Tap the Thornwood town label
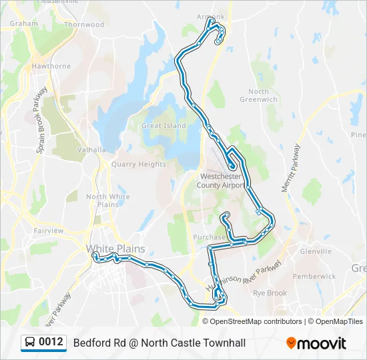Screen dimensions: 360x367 pos(84,25)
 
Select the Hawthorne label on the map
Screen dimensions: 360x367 pos(51,66)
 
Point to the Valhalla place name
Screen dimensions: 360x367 pos(91,150)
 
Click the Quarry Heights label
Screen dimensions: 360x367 pos(138,164)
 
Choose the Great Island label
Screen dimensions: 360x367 pos(163,125)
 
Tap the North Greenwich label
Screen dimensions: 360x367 pos(259,95)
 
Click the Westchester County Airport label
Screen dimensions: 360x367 pos(222,181)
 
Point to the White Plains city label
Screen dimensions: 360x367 pos(115,249)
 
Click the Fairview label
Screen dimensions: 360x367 pos(49,231)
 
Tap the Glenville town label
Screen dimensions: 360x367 pos(316,251)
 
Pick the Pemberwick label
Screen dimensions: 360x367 pos(314,276)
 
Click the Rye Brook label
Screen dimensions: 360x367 pos(270,293)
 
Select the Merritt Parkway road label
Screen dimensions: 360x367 pos(290,169)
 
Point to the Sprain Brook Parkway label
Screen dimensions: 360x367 pos(42,120)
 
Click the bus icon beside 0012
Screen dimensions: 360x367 pos(30,343)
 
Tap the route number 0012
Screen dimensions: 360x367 pos(51,343)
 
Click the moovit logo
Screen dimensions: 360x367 pos(316,343)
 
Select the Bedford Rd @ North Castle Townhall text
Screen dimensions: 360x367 pos(159,343)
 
